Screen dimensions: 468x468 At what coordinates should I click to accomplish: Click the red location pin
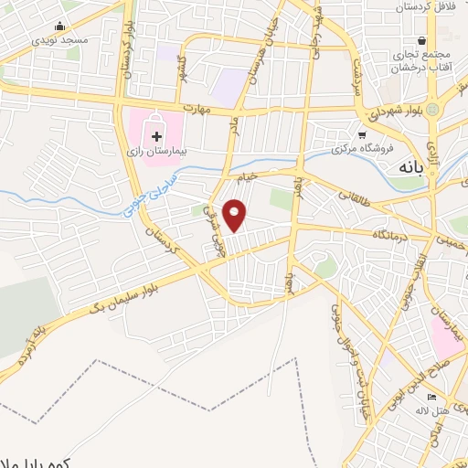tap(236, 214)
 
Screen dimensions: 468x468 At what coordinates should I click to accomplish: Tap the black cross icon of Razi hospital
tap(156, 135)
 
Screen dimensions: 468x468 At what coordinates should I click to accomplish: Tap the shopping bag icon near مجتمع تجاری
tap(421, 40)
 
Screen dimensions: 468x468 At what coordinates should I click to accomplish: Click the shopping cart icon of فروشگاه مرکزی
tap(362, 133)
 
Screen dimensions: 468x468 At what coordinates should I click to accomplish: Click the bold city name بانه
tap(408, 168)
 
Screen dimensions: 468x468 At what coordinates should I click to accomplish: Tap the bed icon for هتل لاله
tap(432, 396)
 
